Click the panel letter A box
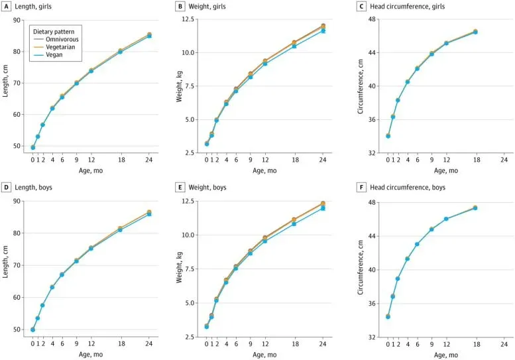click(x=7, y=7)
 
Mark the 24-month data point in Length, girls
click(x=149, y=35)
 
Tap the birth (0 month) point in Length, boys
click(x=33, y=330)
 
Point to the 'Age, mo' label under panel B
click(x=265, y=170)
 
